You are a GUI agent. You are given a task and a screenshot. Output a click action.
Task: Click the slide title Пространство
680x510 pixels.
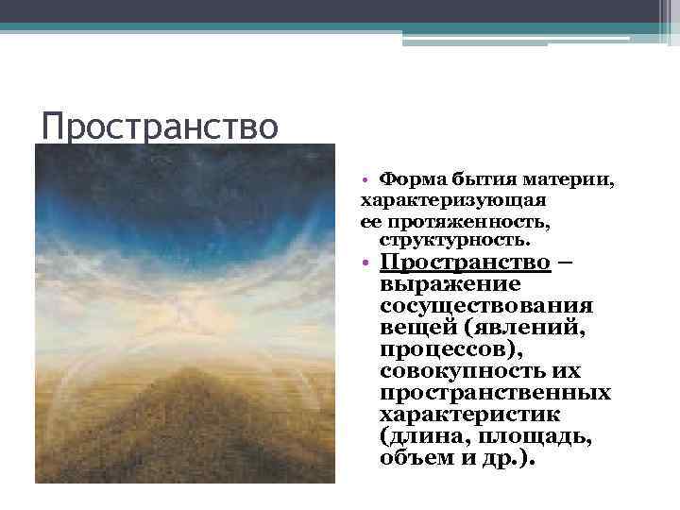click(x=161, y=125)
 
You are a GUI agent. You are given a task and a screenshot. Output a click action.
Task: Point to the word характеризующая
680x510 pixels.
click(x=452, y=199)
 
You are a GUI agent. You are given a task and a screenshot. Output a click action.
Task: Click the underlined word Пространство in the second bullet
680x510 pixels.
click(x=465, y=262)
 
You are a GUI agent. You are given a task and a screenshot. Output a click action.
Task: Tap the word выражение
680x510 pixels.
click(x=450, y=283)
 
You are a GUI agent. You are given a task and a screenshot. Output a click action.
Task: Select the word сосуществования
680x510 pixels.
click(x=486, y=305)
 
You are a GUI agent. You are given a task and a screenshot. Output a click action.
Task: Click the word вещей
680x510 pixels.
click(x=415, y=327)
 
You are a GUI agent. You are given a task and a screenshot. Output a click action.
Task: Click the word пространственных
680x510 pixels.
click(x=495, y=392)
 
